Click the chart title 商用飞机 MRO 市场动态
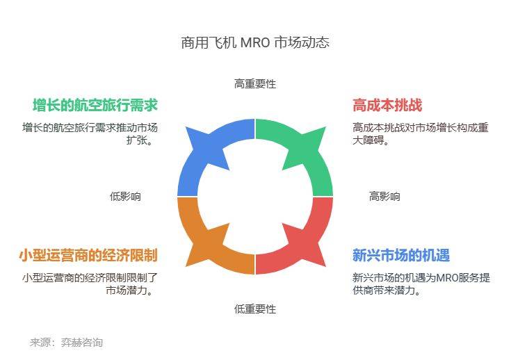255,42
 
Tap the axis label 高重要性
255,84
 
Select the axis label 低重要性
255,309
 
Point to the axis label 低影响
125,197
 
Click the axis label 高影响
384,197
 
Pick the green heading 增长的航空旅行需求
95,105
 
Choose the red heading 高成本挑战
387,105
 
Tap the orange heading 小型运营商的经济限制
88,255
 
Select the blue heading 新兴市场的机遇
401,255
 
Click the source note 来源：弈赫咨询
67,343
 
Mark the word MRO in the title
255,42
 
